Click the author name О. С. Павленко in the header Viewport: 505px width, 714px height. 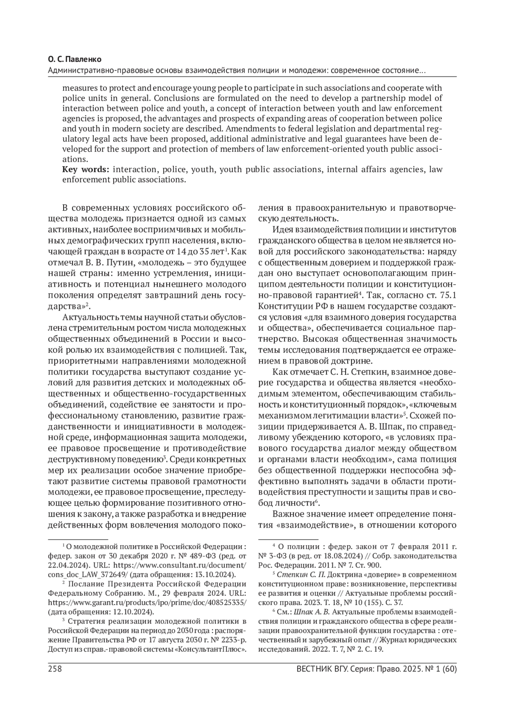pos(75,60)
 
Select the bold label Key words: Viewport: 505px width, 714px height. pos(86,170)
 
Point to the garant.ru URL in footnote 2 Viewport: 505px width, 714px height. pos(147,603)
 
